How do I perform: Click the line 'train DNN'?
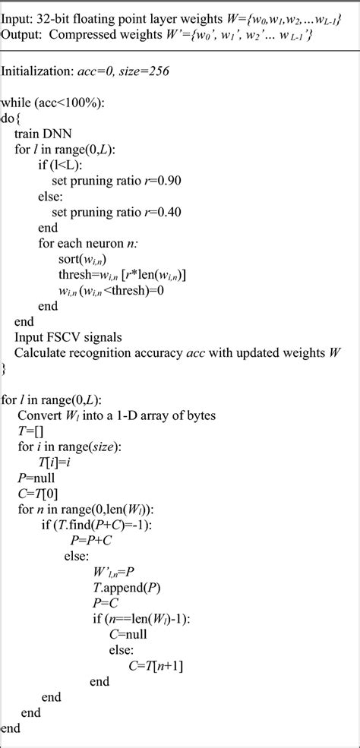[45, 134]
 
